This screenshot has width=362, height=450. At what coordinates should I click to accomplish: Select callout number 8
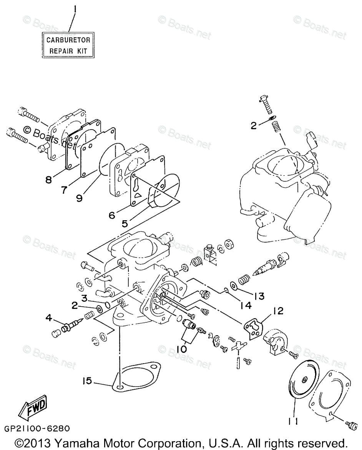(48, 179)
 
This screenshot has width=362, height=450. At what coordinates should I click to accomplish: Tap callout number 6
(111, 216)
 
